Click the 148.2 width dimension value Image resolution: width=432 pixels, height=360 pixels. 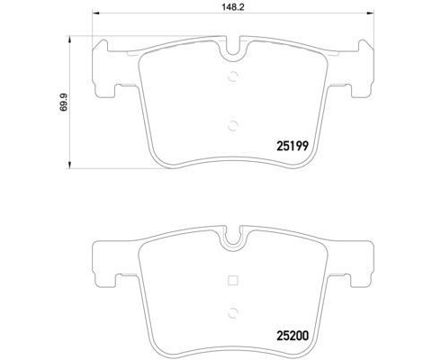[233, 7]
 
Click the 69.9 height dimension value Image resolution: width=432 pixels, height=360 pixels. [64, 103]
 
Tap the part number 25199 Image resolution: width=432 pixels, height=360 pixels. [292, 146]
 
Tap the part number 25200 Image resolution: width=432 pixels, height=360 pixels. [292, 336]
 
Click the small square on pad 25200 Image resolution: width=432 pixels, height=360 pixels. [233, 280]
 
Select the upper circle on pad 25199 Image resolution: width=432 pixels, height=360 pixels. [233, 77]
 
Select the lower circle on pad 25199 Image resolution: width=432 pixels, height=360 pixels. [233, 125]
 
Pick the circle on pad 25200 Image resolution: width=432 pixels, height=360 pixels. [233, 313]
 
